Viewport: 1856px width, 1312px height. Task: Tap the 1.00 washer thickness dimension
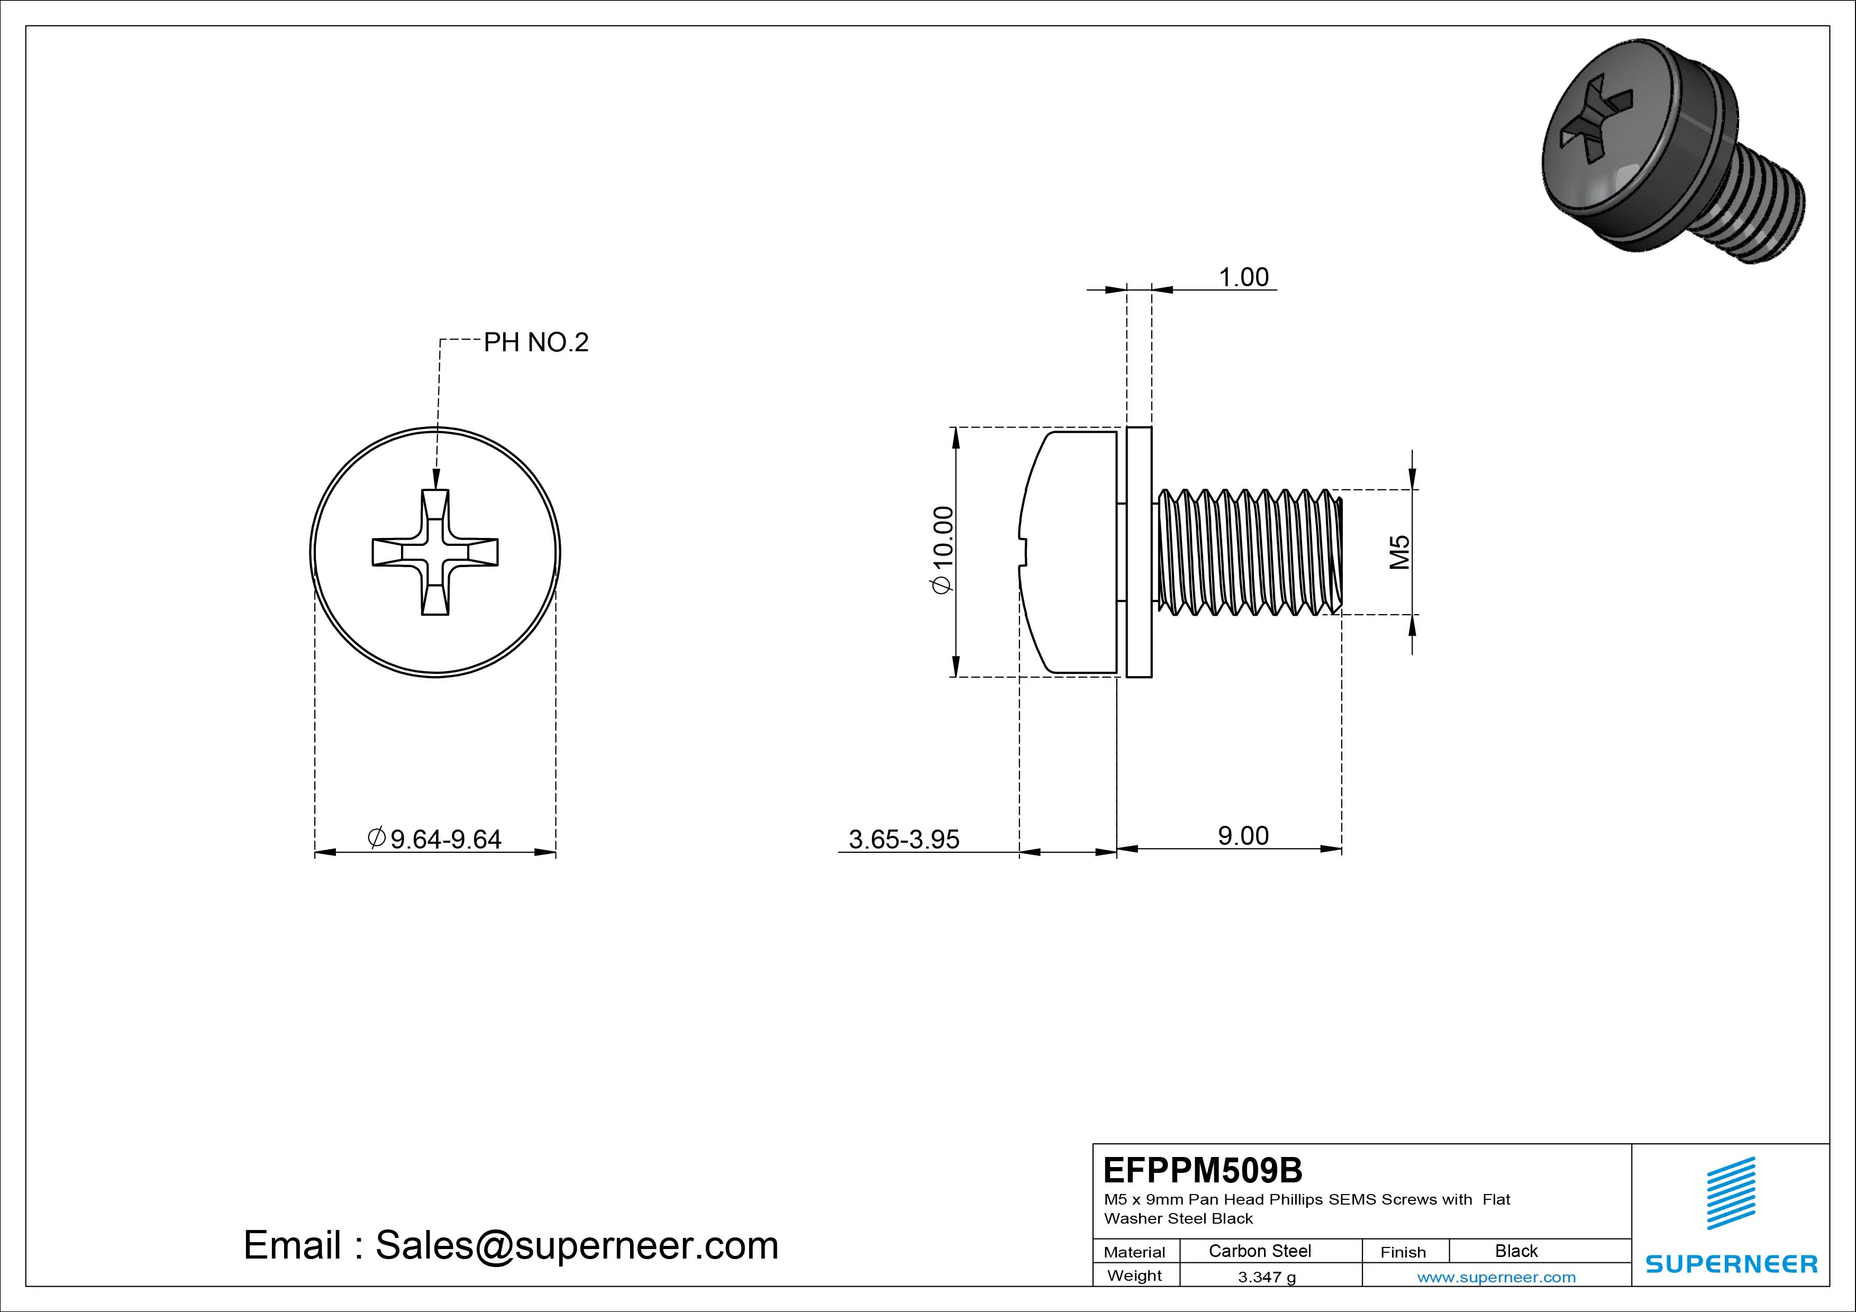(1243, 277)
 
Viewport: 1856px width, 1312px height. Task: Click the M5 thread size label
(1399, 552)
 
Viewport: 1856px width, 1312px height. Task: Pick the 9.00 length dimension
(1243, 836)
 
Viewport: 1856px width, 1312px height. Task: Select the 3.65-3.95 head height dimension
(904, 839)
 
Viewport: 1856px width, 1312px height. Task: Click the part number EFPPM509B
(1203, 1170)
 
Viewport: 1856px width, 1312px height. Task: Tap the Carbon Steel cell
(1259, 1251)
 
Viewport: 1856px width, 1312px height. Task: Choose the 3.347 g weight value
(1267, 1277)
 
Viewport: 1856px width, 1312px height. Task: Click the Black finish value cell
(1516, 1251)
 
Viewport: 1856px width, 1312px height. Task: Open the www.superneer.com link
(1496, 1277)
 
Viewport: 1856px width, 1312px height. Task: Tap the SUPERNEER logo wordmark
(1731, 1263)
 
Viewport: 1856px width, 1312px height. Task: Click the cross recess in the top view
(435, 552)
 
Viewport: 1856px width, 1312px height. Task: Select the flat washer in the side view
(1139, 552)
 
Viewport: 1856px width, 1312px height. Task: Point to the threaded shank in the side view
(1249, 552)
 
